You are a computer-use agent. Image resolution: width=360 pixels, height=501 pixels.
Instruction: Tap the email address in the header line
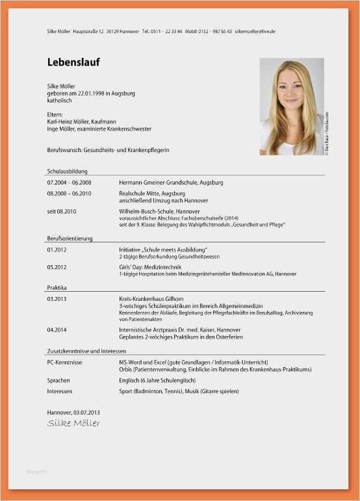pos(255,31)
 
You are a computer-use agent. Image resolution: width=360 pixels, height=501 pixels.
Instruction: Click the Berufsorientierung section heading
pos(70,238)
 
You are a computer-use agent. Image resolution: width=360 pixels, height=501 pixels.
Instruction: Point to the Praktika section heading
pos(57,287)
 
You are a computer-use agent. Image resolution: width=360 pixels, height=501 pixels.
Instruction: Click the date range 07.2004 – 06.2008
pos(69,183)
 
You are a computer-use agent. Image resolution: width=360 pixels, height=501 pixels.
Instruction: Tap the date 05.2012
pos(57,267)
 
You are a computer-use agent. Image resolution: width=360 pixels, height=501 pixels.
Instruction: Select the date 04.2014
pos(57,330)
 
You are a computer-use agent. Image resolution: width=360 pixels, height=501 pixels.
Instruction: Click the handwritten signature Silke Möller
pos(74,424)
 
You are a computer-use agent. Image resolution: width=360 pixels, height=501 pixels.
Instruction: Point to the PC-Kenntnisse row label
pos(64,362)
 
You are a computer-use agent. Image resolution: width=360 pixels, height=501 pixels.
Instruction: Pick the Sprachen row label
pos(58,380)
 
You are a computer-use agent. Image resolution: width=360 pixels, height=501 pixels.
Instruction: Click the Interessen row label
pos(60,392)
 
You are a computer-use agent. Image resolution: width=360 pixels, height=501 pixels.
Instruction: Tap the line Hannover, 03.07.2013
pos(73,413)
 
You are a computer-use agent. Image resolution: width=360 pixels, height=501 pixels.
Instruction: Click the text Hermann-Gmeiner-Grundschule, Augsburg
pos(171,183)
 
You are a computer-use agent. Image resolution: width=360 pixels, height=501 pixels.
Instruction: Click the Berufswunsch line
pos(108,149)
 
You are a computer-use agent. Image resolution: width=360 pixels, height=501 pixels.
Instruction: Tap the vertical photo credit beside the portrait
pos(328,133)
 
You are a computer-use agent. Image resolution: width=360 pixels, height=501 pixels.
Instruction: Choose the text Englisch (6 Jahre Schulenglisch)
pos(159,380)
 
